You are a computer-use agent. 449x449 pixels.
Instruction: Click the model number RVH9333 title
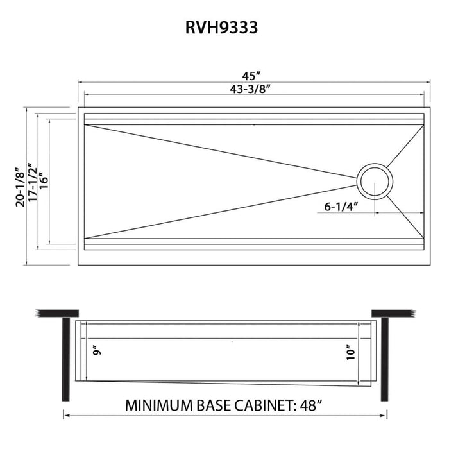(224, 28)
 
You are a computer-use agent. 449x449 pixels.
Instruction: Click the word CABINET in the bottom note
(260, 406)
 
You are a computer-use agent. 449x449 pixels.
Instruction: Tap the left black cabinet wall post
(65, 356)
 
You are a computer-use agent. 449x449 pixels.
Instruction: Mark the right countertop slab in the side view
(393, 313)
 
